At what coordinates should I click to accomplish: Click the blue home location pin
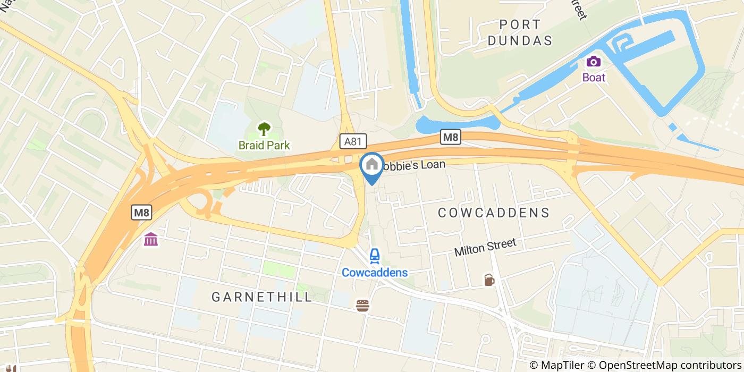click(x=372, y=166)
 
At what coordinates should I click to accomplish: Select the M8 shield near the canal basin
click(x=450, y=138)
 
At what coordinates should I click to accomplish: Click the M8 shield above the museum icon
click(x=142, y=213)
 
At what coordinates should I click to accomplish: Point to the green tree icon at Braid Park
click(x=264, y=129)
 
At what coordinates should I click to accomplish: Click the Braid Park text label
click(x=264, y=145)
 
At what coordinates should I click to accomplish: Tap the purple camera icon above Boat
click(x=593, y=62)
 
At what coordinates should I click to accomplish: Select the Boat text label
click(x=594, y=77)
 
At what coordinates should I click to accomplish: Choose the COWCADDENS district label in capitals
click(x=493, y=213)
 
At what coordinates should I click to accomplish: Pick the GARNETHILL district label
click(x=262, y=297)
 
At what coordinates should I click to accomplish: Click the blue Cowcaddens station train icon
click(x=374, y=256)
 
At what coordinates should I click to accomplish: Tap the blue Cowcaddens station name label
click(x=374, y=273)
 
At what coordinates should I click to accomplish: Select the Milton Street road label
click(x=485, y=247)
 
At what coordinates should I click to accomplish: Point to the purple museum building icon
click(x=150, y=240)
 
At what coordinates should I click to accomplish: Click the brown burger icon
click(x=362, y=306)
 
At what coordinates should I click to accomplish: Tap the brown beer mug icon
click(x=489, y=280)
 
